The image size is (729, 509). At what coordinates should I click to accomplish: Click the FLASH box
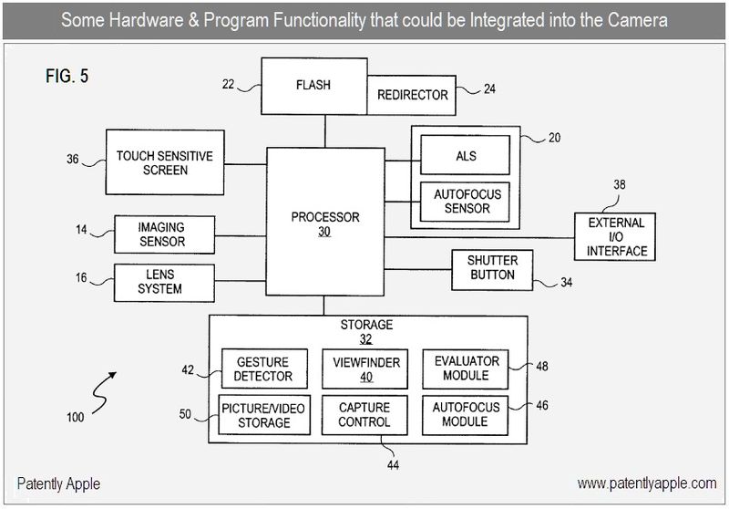pos(313,86)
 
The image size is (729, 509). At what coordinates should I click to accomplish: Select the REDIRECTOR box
pos(412,95)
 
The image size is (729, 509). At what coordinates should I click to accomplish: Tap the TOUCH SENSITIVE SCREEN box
pos(165,162)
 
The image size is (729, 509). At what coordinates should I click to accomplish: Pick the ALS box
pos(466,155)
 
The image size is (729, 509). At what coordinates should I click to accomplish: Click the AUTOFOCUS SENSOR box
pos(466,202)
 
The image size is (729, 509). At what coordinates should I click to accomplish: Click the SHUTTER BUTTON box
pos(492,268)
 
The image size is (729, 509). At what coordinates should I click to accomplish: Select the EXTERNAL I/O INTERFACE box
pos(617,236)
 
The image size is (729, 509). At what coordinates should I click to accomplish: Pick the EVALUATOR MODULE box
pos(466,369)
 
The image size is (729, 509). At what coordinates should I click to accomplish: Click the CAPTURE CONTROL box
pos(364,415)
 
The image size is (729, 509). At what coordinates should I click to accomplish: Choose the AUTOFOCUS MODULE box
pos(466,415)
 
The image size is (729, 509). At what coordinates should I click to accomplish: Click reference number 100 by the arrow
pos(75,417)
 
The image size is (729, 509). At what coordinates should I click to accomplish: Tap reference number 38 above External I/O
pos(620,183)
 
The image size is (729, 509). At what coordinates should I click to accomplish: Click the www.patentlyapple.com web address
pos(646,483)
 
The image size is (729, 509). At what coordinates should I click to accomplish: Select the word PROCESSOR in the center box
pos(325,217)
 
